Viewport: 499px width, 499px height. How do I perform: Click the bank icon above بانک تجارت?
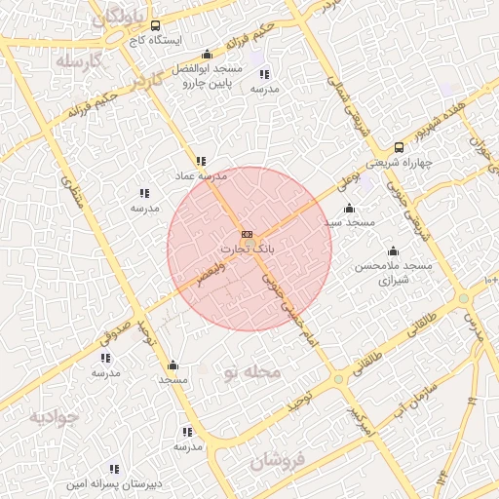point(247,235)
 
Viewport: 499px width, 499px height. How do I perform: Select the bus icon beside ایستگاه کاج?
point(130,26)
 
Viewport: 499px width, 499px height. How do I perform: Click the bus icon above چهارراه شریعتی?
point(399,147)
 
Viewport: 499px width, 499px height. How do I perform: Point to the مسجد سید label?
point(350,222)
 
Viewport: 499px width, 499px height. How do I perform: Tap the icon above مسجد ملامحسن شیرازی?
point(393,250)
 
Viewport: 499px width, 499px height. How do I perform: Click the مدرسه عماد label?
point(200,176)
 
